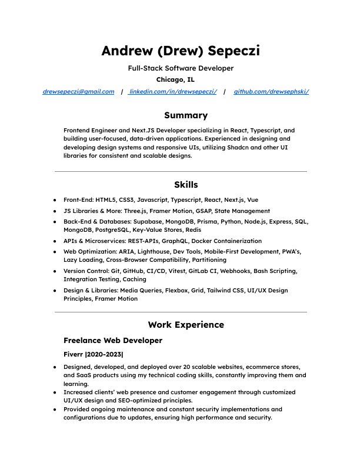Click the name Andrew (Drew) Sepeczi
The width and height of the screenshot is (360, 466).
coord(180,51)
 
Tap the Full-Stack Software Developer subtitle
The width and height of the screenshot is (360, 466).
coord(180,68)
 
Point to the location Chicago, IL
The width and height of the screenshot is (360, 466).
coord(175,79)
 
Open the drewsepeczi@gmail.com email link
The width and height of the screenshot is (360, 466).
coord(78,92)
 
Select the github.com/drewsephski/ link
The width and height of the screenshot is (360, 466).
coord(271,92)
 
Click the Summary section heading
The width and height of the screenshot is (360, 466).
coord(185,115)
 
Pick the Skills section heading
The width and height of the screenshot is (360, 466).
coord(186,185)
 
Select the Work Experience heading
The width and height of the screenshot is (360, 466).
coord(186,325)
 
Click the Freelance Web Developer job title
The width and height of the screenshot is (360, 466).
coord(112,341)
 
